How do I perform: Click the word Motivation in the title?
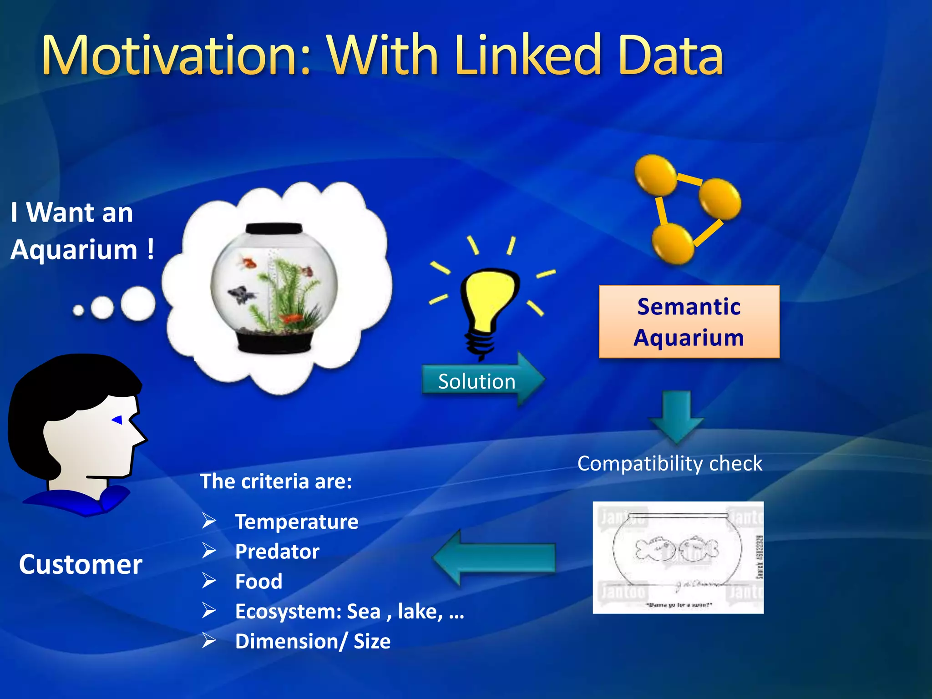coord(175,56)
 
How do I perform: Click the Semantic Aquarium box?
coord(689,322)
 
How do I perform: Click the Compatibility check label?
coord(669,463)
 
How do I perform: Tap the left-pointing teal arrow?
coord(494,557)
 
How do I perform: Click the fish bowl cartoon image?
coord(678,557)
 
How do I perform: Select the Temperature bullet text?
coord(296,522)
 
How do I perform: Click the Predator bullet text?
coord(277,552)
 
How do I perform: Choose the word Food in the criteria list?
coord(258,582)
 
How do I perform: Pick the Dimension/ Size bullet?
coord(313,641)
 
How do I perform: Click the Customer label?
coord(81,564)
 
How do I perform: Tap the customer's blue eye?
coord(118,420)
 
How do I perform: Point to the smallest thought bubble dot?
coord(78,311)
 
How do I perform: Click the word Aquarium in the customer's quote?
coord(74,250)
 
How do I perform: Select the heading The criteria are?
coord(276,481)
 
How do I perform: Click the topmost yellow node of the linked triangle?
coord(655,175)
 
